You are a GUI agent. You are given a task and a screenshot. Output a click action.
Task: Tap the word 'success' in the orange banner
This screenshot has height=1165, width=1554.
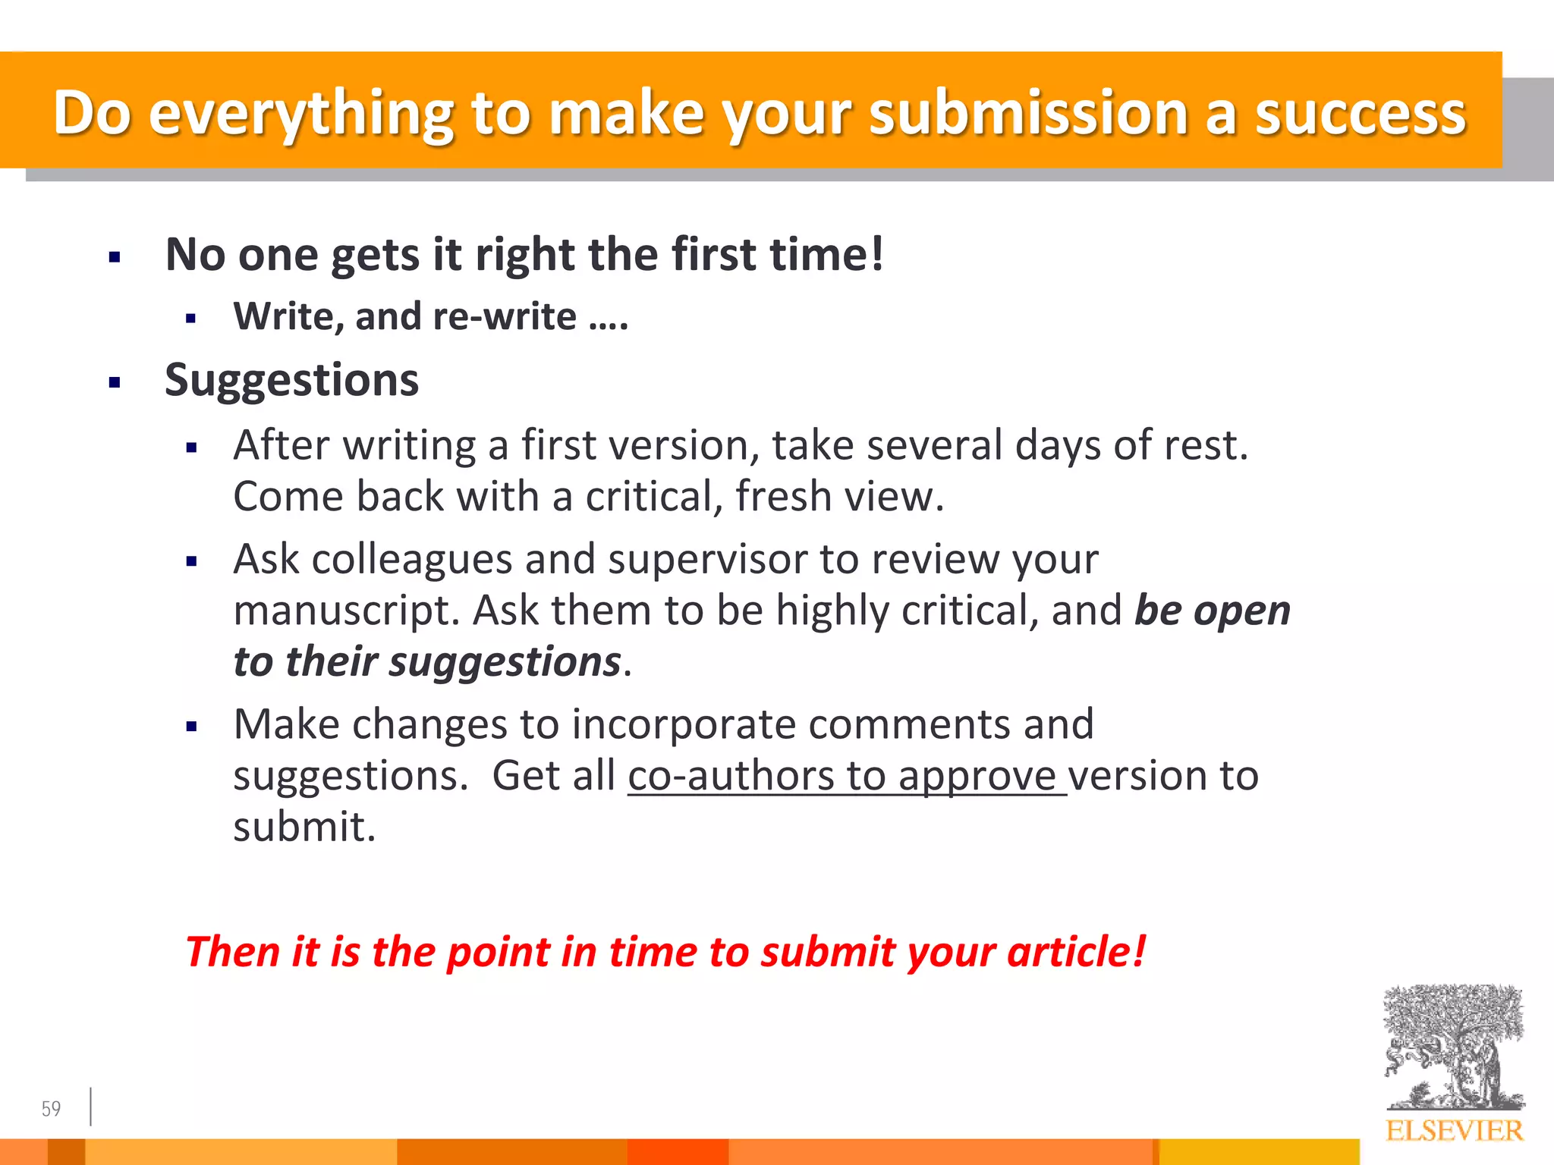1360,114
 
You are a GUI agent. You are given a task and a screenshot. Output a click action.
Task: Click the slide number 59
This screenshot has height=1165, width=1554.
51,1109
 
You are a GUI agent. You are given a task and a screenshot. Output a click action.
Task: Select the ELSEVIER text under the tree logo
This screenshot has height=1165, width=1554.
1454,1131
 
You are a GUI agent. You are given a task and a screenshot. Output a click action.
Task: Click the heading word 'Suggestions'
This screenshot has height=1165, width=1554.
291,380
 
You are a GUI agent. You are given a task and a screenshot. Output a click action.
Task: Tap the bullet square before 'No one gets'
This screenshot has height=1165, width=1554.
115,258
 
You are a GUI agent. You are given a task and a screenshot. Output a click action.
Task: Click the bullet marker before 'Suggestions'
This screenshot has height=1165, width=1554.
115,382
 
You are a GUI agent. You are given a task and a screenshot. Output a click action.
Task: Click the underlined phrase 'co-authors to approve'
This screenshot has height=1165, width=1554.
846,776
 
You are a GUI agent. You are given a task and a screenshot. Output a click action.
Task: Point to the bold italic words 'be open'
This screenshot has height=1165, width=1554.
1212,611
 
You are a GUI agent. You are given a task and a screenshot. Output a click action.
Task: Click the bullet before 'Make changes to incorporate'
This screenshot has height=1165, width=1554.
191,727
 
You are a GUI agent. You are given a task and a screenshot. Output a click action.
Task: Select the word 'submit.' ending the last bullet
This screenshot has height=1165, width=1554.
304,827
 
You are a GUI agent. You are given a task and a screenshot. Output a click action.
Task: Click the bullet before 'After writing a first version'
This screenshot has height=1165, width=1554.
191,448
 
